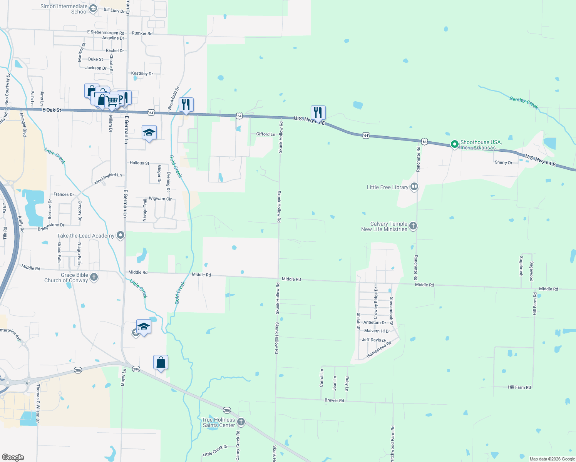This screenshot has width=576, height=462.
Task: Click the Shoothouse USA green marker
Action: click(454, 144)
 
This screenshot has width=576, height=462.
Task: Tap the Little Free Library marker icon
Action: click(414, 187)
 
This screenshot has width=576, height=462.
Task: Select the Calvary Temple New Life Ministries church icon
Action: click(413, 226)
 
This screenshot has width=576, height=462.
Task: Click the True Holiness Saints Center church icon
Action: click(241, 422)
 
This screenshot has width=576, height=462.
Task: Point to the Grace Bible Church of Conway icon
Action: click(94, 277)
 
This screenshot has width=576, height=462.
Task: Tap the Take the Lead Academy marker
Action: click(121, 235)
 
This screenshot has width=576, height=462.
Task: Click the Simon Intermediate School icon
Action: click(93, 8)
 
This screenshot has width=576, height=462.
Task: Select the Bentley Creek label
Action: click(523, 103)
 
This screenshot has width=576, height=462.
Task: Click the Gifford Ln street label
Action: click(266, 134)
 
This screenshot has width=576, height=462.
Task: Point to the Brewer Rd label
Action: click(334, 400)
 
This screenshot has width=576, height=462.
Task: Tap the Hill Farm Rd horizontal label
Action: click(519, 387)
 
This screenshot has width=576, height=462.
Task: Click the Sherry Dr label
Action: click(503, 162)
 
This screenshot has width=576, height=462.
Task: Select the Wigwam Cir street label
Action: click(160, 199)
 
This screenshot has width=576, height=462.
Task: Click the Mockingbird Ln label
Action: click(108, 178)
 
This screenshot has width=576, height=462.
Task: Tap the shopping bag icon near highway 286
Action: click(161, 363)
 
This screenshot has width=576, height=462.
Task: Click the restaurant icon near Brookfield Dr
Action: click(186, 104)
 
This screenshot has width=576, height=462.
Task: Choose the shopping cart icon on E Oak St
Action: click(112, 101)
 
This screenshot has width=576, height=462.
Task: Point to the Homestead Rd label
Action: click(379, 349)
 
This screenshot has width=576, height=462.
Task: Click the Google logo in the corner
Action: click(13, 457)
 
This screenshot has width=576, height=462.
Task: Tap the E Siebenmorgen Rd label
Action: click(105, 33)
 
